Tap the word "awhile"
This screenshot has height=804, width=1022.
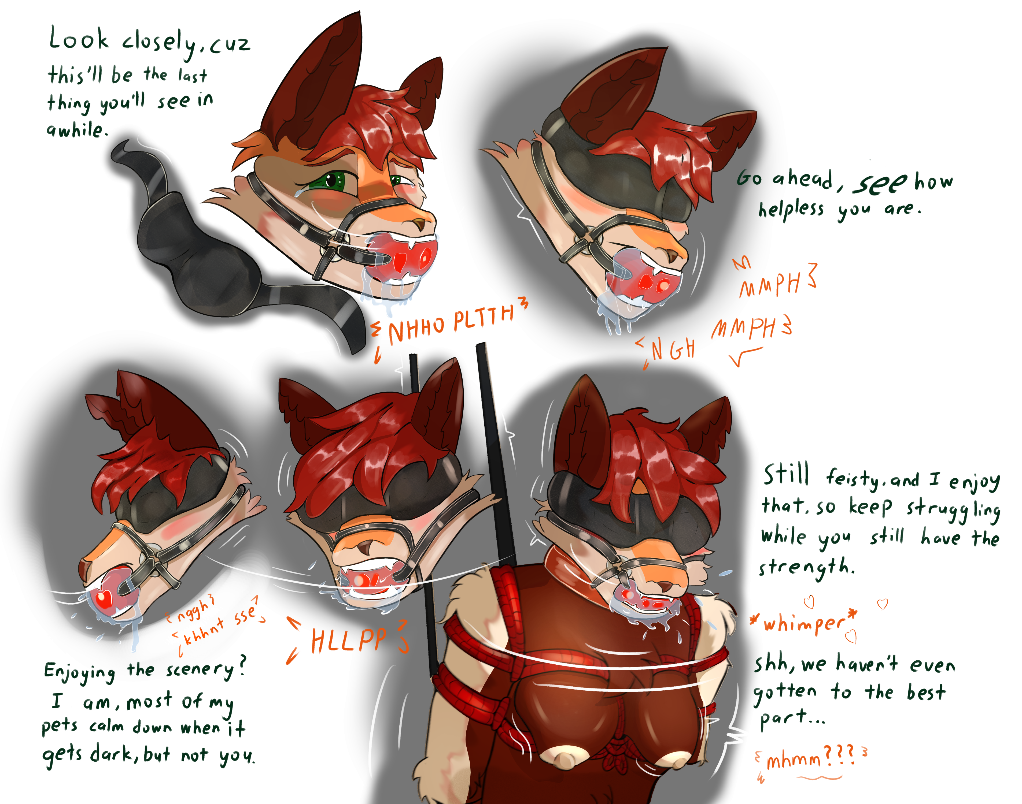[75, 129]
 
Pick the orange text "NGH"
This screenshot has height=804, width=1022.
[673, 349]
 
